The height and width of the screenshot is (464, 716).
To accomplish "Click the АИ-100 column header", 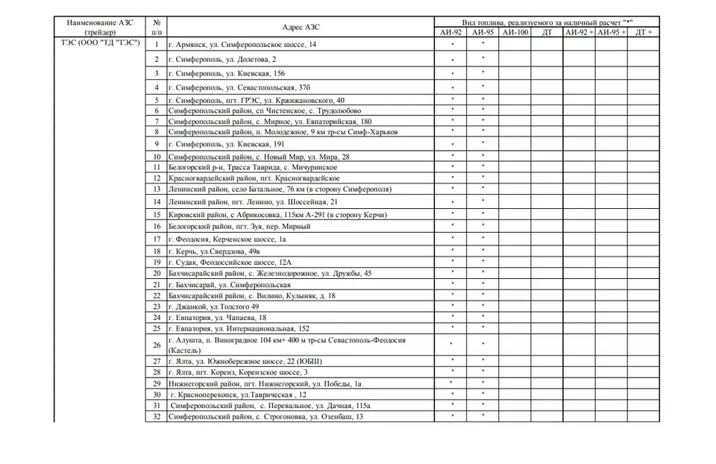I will pos(514,33).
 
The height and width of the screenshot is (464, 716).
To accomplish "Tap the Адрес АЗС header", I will pos(301,27).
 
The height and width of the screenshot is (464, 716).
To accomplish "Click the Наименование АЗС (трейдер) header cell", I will pos(99,27).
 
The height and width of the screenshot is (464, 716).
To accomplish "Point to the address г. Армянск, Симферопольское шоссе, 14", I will pos(242,45).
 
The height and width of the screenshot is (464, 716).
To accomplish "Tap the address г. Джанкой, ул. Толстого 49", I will pos(214,307).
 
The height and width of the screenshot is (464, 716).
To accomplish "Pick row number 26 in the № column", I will pos(157,345).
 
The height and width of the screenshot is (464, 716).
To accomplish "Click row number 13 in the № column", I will pos(157,189).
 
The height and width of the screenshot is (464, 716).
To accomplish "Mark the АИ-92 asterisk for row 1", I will pos(453,45).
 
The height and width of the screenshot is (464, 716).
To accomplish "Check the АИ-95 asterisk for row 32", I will pos(483,416).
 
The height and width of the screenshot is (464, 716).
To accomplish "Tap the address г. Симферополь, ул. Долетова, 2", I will pos(222,59).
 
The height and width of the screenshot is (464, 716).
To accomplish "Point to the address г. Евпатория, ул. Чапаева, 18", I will pos(217,318).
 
